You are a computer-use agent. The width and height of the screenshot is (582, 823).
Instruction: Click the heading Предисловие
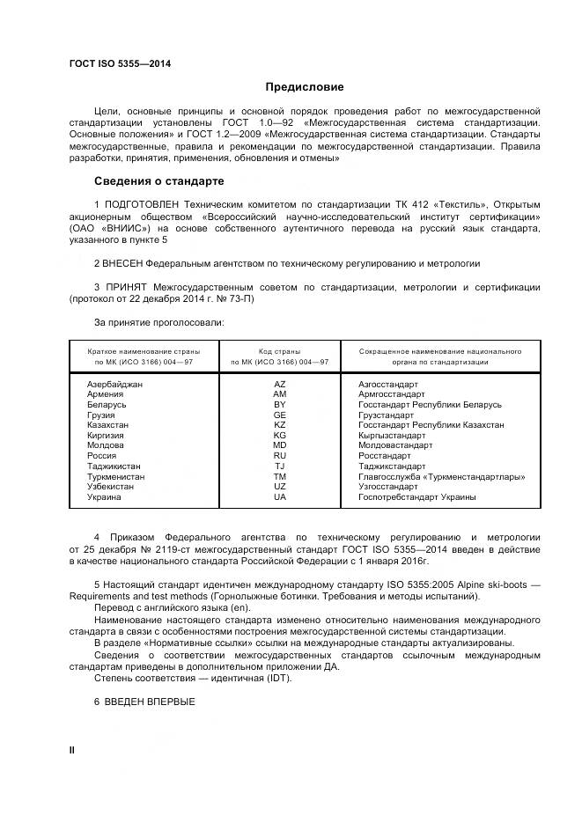(x=305, y=87)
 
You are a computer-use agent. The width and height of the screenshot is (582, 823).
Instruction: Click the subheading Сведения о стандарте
(x=159, y=181)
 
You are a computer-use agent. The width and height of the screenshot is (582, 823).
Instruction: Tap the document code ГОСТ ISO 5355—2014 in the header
(x=121, y=64)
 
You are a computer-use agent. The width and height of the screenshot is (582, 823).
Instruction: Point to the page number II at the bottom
(x=72, y=749)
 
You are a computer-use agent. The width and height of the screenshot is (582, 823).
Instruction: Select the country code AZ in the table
(x=280, y=385)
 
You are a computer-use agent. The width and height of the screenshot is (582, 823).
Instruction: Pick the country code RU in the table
(x=280, y=456)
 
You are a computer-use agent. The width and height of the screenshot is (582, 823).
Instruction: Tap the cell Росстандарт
(x=385, y=456)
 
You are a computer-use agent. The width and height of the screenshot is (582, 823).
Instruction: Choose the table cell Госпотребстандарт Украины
(x=417, y=497)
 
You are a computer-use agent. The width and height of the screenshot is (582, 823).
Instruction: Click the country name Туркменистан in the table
(x=116, y=476)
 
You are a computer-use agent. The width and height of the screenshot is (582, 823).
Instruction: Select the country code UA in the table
(x=280, y=497)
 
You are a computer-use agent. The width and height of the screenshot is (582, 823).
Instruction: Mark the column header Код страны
(x=280, y=350)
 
